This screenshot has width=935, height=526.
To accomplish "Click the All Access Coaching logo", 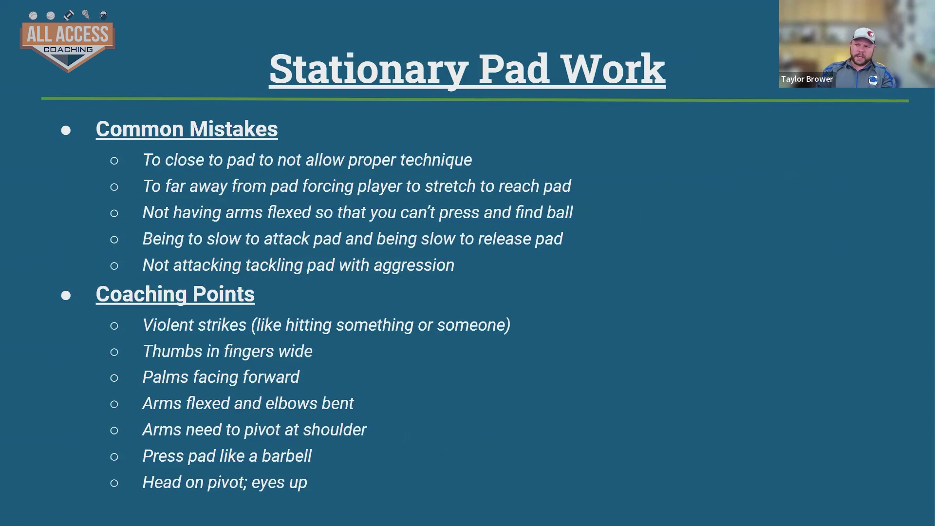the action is pos(67,42).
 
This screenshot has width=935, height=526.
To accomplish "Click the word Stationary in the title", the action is pos(369,69).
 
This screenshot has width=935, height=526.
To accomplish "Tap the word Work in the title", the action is pos(613,69).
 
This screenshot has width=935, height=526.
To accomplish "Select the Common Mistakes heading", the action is pos(187,129).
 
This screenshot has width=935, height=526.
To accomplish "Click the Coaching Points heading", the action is pos(175,294).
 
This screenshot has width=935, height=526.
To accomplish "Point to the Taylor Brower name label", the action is pos(807,79).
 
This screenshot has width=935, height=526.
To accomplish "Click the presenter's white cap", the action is pos(864,35).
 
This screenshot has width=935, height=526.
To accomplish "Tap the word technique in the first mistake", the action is pos(436,160).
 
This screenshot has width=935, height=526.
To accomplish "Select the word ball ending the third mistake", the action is pos(560,212).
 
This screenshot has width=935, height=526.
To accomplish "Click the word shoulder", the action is pos(335,430).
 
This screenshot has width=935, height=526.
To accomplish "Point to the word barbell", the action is pos(286,456).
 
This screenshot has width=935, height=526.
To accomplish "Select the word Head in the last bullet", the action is pos(162,482).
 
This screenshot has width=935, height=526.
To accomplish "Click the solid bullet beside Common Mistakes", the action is pos(66,130).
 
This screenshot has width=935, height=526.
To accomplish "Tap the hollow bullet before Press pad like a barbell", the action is pos(114,457).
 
